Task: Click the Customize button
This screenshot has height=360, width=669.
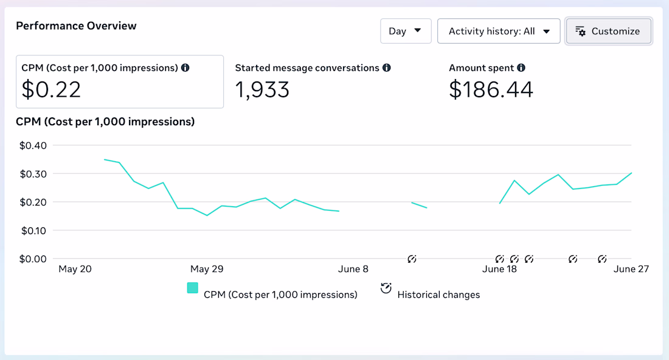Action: (x=608, y=31)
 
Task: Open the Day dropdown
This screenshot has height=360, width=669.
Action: (x=405, y=31)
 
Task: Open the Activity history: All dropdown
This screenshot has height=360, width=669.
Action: (x=498, y=31)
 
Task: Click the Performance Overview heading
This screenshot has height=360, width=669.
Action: (x=76, y=26)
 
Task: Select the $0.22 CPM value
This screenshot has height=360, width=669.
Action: (x=51, y=89)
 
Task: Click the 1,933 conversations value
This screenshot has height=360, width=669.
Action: (x=262, y=89)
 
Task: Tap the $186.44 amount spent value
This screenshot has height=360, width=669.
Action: (x=491, y=89)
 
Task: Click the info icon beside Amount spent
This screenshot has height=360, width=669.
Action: (x=521, y=68)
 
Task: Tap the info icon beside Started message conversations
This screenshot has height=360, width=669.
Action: (x=387, y=68)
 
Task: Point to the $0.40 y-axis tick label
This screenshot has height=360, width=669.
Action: (x=33, y=145)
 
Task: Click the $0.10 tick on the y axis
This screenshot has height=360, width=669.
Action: (x=33, y=230)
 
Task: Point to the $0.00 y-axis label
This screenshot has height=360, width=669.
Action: (x=33, y=259)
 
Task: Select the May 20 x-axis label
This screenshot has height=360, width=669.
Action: (x=75, y=269)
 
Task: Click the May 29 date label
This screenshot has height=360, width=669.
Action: (x=207, y=269)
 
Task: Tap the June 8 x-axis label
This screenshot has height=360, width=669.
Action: (x=353, y=269)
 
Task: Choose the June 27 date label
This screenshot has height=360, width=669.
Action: (x=631, y=269)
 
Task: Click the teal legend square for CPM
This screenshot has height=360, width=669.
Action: (x=192, y=288)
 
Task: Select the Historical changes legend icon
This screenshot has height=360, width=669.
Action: (x=386, y=288)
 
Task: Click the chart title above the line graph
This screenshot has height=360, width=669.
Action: (x=105, y=122)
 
